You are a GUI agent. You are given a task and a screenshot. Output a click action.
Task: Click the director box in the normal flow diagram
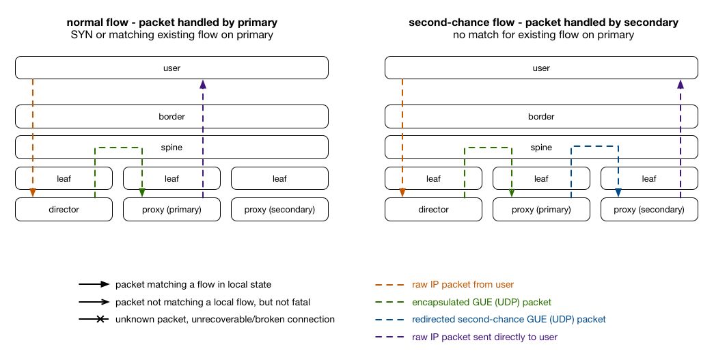click(x=64, y=209)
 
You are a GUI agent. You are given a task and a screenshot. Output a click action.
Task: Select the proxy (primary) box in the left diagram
click(x=171, y=209)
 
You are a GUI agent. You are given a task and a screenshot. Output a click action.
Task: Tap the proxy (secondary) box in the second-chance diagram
click(x=649, y=209)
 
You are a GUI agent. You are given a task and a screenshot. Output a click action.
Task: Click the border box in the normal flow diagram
click(x=171, y=117)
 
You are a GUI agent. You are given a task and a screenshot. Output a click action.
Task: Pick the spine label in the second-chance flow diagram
click(x=541, y=148)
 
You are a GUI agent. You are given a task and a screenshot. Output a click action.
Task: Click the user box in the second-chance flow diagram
click(x=541, y=68)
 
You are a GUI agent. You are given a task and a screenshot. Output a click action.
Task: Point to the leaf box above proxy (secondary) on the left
click(x=279, y=178)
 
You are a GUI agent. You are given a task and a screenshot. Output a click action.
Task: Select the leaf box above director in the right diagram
click(x=433, y=178)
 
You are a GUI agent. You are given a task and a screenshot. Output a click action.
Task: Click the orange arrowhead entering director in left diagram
click(x=33, y=193)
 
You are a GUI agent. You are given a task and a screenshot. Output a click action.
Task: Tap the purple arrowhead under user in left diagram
click(x=203, y=84)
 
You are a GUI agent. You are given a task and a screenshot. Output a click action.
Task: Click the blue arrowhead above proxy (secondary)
click(x=618, y=193)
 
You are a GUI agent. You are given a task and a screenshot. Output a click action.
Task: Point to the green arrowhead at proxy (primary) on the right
click(x=512, y=193)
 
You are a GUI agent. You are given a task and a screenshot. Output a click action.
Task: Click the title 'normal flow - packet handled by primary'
click(x=171, y=23)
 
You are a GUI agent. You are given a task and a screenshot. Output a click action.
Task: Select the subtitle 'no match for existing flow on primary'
click(x=543, y=35)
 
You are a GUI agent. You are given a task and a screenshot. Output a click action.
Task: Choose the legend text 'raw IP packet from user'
click(x=463, y=284)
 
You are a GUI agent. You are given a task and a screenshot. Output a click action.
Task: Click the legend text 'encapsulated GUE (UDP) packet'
click(x=481, y=302)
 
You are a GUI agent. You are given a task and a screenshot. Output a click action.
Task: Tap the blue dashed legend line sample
click(x=389, y=320)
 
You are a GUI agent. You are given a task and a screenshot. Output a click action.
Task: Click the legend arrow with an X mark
click(x=94, y=320)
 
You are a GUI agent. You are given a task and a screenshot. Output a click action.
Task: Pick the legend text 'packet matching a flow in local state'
click(x=193, y=284)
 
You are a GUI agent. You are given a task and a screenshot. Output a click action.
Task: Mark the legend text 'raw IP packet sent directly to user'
click(x=484, y=337)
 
